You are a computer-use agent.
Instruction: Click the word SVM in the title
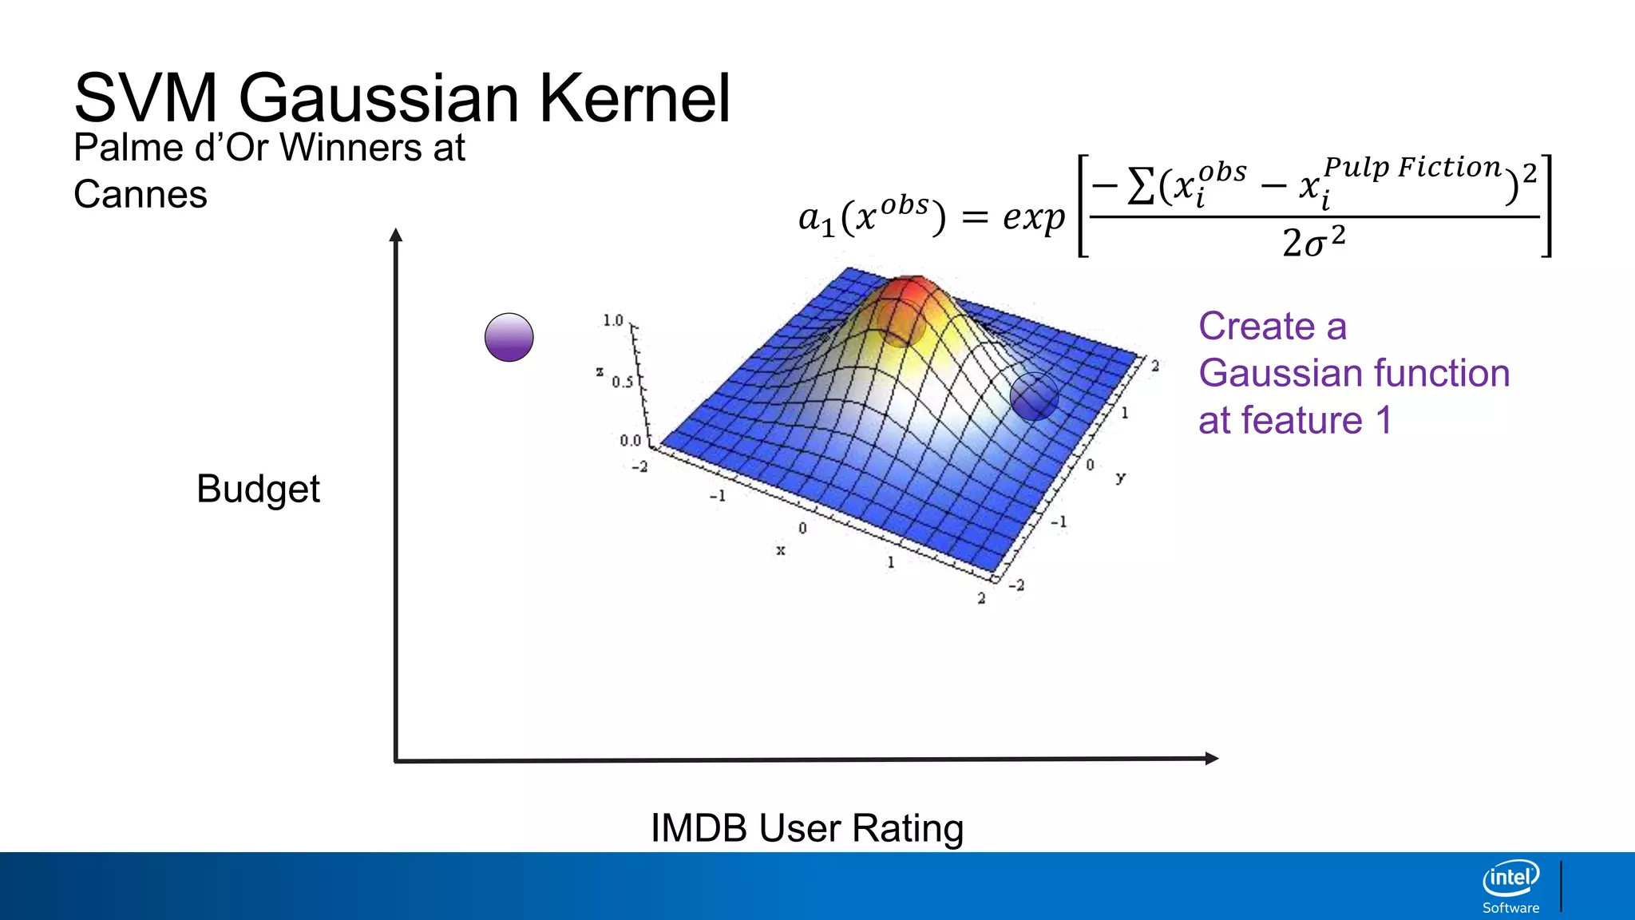(x=145, y=98)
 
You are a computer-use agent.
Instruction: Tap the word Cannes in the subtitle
(x=141, y=195)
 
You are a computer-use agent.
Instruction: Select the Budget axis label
(x=258, y=489)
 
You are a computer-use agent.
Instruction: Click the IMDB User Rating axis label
(x=807, y=828)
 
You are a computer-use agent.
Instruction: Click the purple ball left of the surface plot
(x=509, y=337)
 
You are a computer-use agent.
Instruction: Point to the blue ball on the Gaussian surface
(x=1034, y=396)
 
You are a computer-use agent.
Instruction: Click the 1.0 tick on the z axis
(x=612, y=320)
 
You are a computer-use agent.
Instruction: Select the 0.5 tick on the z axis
(x=622, y=383)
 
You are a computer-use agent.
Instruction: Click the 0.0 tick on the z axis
(x=630, y=441)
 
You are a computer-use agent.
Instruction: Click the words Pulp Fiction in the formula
(x=1412, y=168)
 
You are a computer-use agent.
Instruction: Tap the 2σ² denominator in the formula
(x=1313, y=241)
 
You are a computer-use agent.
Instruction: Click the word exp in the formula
(x=1033, y=217)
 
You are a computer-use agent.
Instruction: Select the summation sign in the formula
(x=1140, y=186)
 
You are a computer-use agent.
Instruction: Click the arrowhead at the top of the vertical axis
(x=396, y=235)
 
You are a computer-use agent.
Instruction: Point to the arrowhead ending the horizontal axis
(x=1211, y=759)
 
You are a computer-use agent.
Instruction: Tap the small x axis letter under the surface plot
(x=781, y=550)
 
